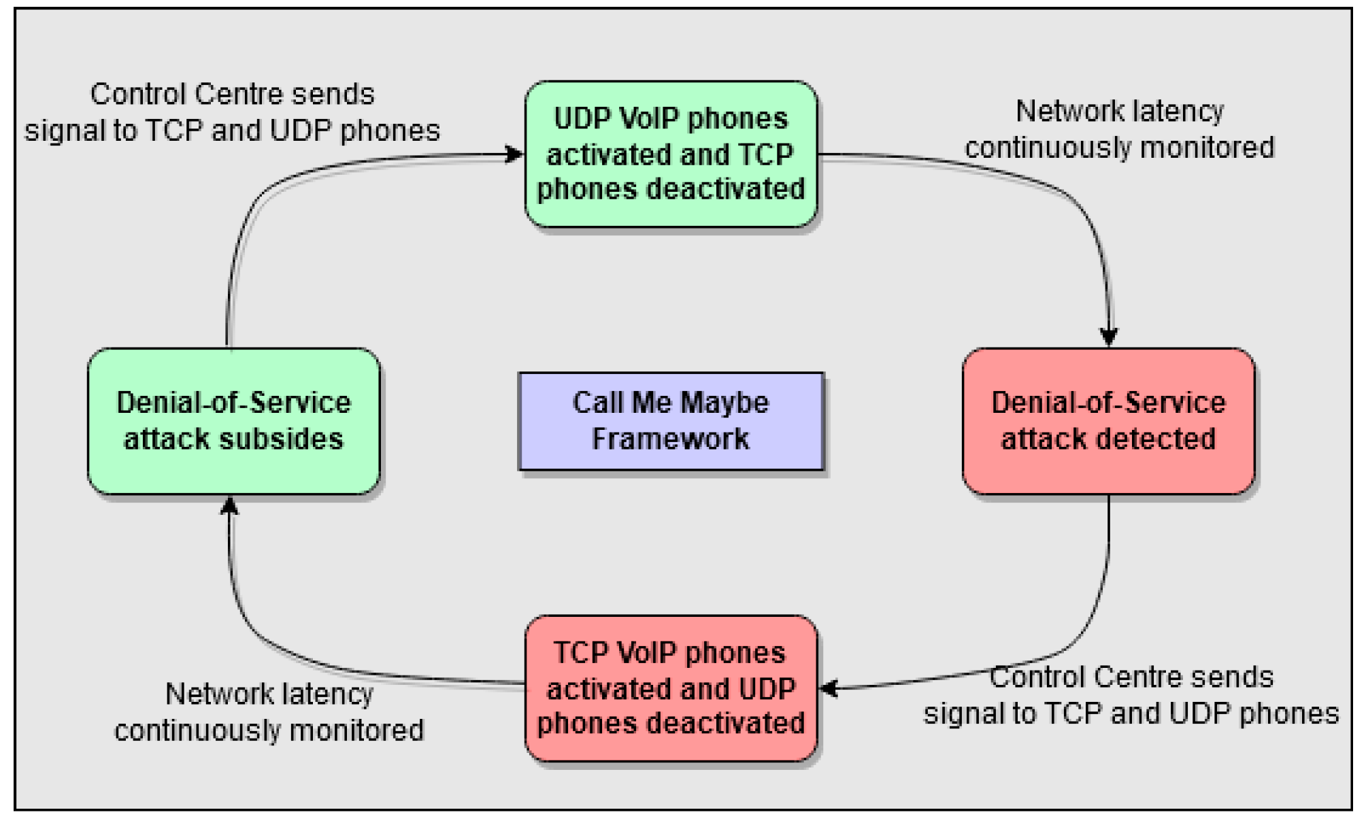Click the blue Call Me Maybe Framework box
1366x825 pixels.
pos(671,421)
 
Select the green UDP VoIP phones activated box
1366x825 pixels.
pos(671,154)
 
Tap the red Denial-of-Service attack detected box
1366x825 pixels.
pos(1108,421)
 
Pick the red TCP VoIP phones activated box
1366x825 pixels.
pos(671,688)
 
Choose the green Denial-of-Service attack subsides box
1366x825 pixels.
pos(233,421)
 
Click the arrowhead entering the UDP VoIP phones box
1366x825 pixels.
pos(515,154)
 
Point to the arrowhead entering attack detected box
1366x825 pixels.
pos(1109,337)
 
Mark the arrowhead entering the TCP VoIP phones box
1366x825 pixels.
pos(829,689)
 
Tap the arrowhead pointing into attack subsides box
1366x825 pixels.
pos(230,506)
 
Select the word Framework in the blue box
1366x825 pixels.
pos(671,439)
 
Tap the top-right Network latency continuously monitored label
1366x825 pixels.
pos(1120,129)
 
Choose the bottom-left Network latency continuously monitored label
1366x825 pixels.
pos(269,712)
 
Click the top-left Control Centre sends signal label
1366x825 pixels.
pos(232,112)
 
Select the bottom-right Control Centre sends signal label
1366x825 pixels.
pos(1131,695)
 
